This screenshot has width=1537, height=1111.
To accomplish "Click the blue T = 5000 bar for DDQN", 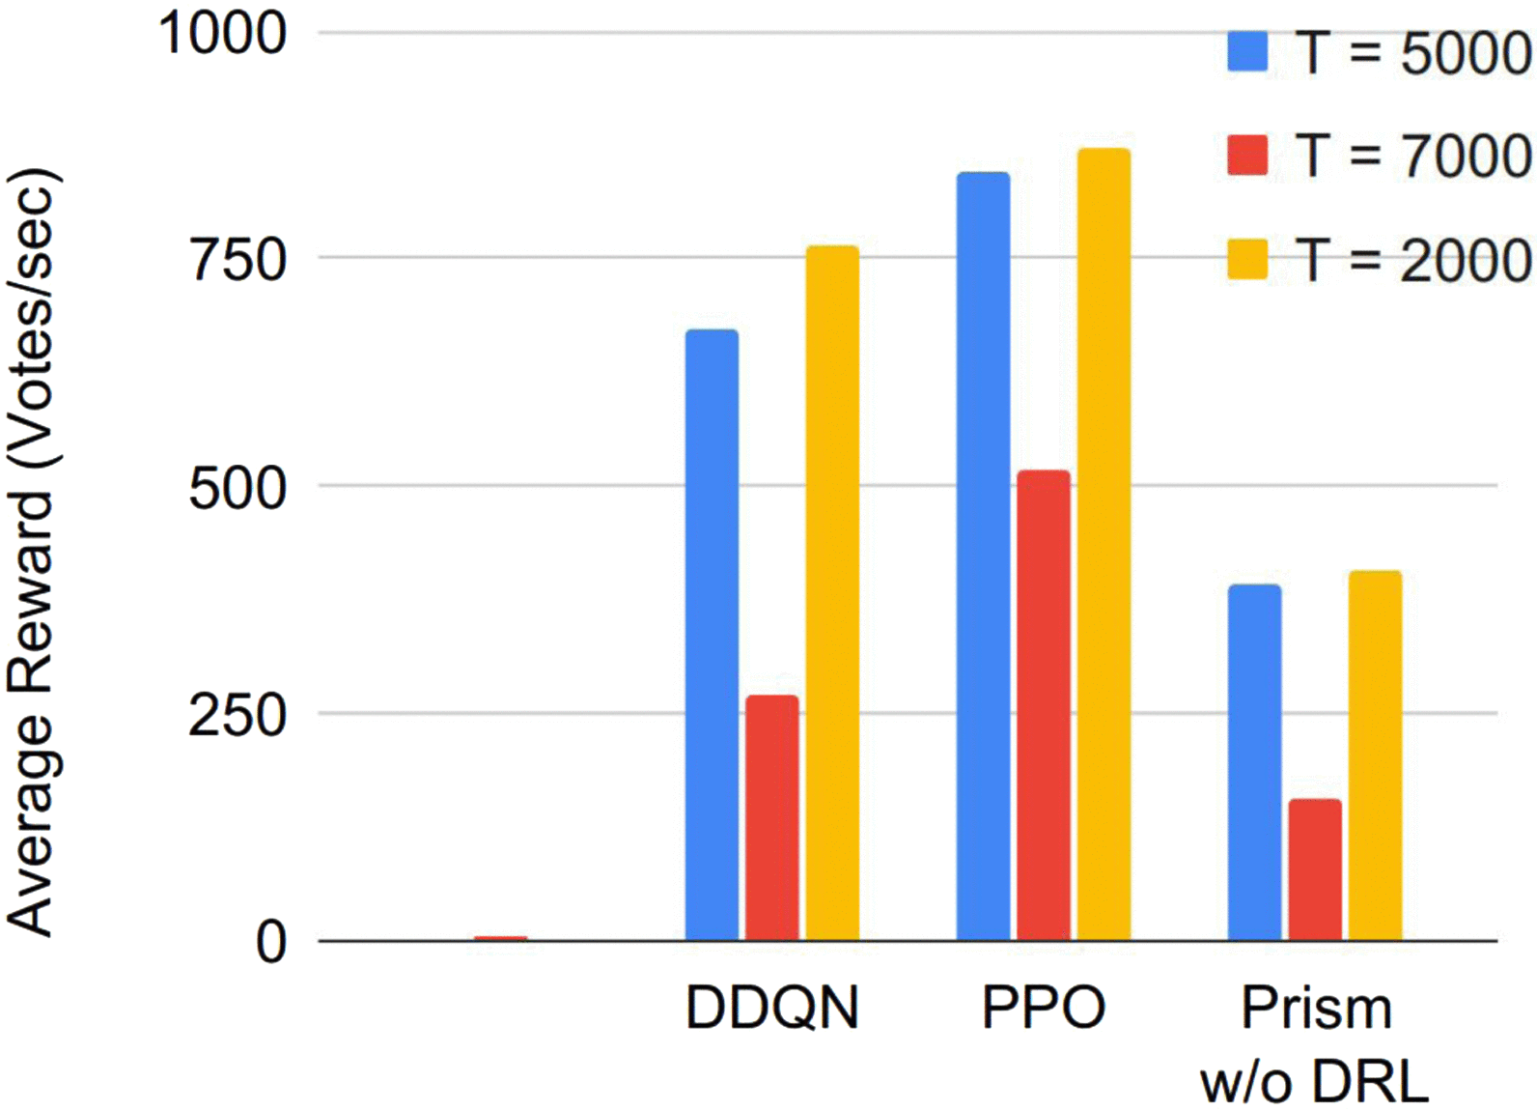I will coord(712,635).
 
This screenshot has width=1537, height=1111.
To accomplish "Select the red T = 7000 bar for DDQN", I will coord(771,817).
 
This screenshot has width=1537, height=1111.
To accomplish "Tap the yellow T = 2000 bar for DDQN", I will coord(832,593).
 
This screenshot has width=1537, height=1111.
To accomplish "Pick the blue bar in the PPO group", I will coord(983,556).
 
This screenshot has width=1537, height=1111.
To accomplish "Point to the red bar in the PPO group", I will coord(1043,705).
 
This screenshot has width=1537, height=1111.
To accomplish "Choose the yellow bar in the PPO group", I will coord(1104,544).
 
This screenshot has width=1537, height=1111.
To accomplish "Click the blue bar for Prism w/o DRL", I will coord(1254,762).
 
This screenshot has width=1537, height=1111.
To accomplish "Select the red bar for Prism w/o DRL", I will coord(1315,869).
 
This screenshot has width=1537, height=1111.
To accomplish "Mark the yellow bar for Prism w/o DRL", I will coord(1375,755).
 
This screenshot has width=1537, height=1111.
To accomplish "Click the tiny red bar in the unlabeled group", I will coord(500,938).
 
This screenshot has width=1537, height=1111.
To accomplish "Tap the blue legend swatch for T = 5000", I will coord(1247,51).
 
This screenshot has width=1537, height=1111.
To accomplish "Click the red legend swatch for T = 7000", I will coord(1247,155).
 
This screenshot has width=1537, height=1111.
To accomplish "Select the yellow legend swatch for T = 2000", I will coord(1247,259).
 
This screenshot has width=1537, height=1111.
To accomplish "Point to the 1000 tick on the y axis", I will coord(223,33).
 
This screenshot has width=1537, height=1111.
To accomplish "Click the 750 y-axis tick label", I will coord(238,259).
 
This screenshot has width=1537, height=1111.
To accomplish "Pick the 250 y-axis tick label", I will coord(238,715).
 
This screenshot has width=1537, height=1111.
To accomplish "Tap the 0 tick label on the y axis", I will coord(271,941).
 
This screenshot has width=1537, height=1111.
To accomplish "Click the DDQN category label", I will coord(771,1008).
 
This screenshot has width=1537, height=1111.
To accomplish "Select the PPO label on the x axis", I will coord(1043,1008).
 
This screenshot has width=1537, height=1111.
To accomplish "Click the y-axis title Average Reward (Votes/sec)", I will coord(31,553).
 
